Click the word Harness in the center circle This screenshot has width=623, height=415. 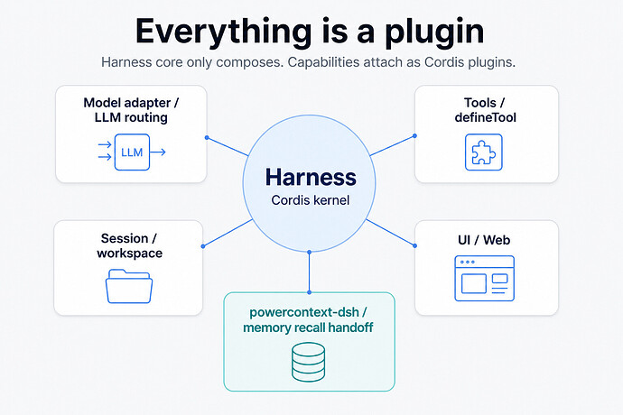311,177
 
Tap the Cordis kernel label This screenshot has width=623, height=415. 311,200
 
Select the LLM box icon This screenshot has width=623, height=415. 132,152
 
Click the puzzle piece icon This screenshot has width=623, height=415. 484,152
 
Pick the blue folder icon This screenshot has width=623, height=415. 129,286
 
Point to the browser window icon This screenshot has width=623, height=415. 484,279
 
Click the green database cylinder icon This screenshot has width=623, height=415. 308,362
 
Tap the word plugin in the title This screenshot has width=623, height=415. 434,32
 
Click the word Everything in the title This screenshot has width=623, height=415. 224,32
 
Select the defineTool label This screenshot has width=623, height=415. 485,117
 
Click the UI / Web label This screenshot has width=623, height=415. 484,240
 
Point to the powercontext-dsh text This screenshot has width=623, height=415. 304,312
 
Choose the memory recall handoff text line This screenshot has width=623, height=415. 308,327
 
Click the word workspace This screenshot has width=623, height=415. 129,254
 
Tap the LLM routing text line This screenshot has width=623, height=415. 131,117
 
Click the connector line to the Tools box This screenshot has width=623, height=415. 392,145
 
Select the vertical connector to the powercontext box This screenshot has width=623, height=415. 309,272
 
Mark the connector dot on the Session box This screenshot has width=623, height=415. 203,246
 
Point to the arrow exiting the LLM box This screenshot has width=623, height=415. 158,152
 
